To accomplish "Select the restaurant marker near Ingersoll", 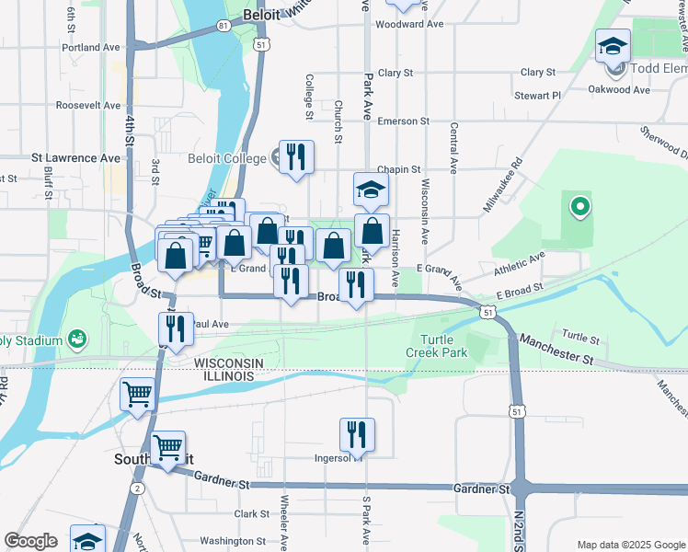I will coord(357,435).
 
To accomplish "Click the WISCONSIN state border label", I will coord(229,363).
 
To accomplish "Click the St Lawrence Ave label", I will coord(76,158).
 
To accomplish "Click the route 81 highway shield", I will coord(224,25).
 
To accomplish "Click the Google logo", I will coord(31,541).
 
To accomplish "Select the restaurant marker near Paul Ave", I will coord(175,328).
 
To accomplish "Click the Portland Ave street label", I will coord(91,47).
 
